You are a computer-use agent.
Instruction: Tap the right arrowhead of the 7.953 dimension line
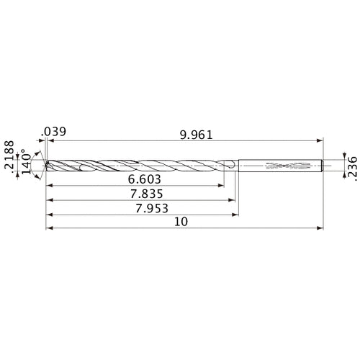(236, 214)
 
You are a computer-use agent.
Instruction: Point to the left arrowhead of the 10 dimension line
(48, 230)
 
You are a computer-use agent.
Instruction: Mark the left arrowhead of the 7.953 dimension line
(48, 214)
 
